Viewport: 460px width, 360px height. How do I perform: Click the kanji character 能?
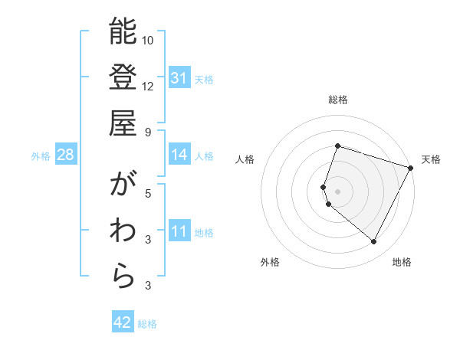[x=123, y=32]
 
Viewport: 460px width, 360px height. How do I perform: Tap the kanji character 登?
[x=123, y=77]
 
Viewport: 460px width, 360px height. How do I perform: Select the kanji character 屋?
[x=123, y=123]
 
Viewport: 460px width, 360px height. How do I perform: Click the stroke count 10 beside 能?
[x=148, y=40]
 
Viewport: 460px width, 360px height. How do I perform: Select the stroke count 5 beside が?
[x=148, y=193]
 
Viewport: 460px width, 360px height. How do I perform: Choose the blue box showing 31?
[x=179, y=78]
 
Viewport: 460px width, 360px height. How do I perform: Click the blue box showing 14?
[x=179, y=155]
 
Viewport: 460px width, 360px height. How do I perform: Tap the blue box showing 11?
[x=179, y=231]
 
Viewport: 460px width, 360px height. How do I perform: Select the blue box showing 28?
[x=66, y=155]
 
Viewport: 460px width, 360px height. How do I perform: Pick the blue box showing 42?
[x=123, y=322]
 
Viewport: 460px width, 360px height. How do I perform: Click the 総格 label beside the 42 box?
[x=147, y=324]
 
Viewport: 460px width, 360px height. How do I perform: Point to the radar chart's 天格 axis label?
[x=431, y=159]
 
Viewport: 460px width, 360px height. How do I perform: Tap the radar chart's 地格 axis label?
[x=402, y=263]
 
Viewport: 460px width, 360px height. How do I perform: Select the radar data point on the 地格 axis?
[x=374, y=242]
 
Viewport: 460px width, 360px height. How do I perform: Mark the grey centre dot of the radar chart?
[x=338, y=191]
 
